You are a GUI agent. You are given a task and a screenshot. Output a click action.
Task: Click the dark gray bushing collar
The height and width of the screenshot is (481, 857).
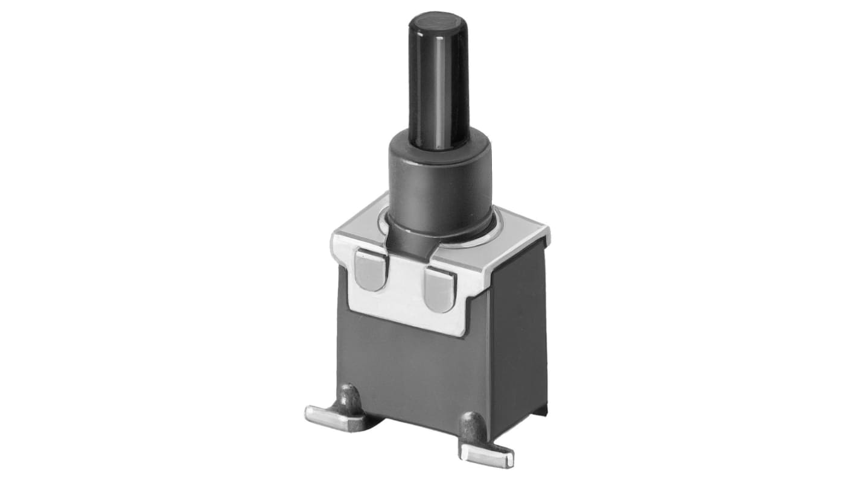click(x=440, y=181)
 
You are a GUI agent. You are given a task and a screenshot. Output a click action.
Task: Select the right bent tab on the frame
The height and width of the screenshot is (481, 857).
click(x=440, y=289)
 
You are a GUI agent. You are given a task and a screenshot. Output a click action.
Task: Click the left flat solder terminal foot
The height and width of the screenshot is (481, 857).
click(x=329, y=415)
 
